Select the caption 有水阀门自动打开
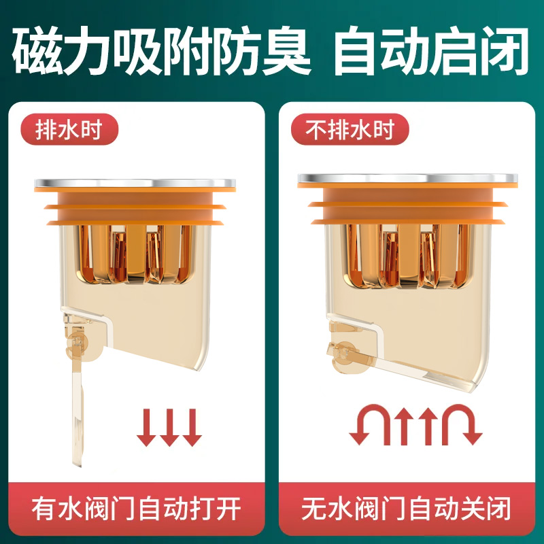pyautogui.click(x=137, y=508)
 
